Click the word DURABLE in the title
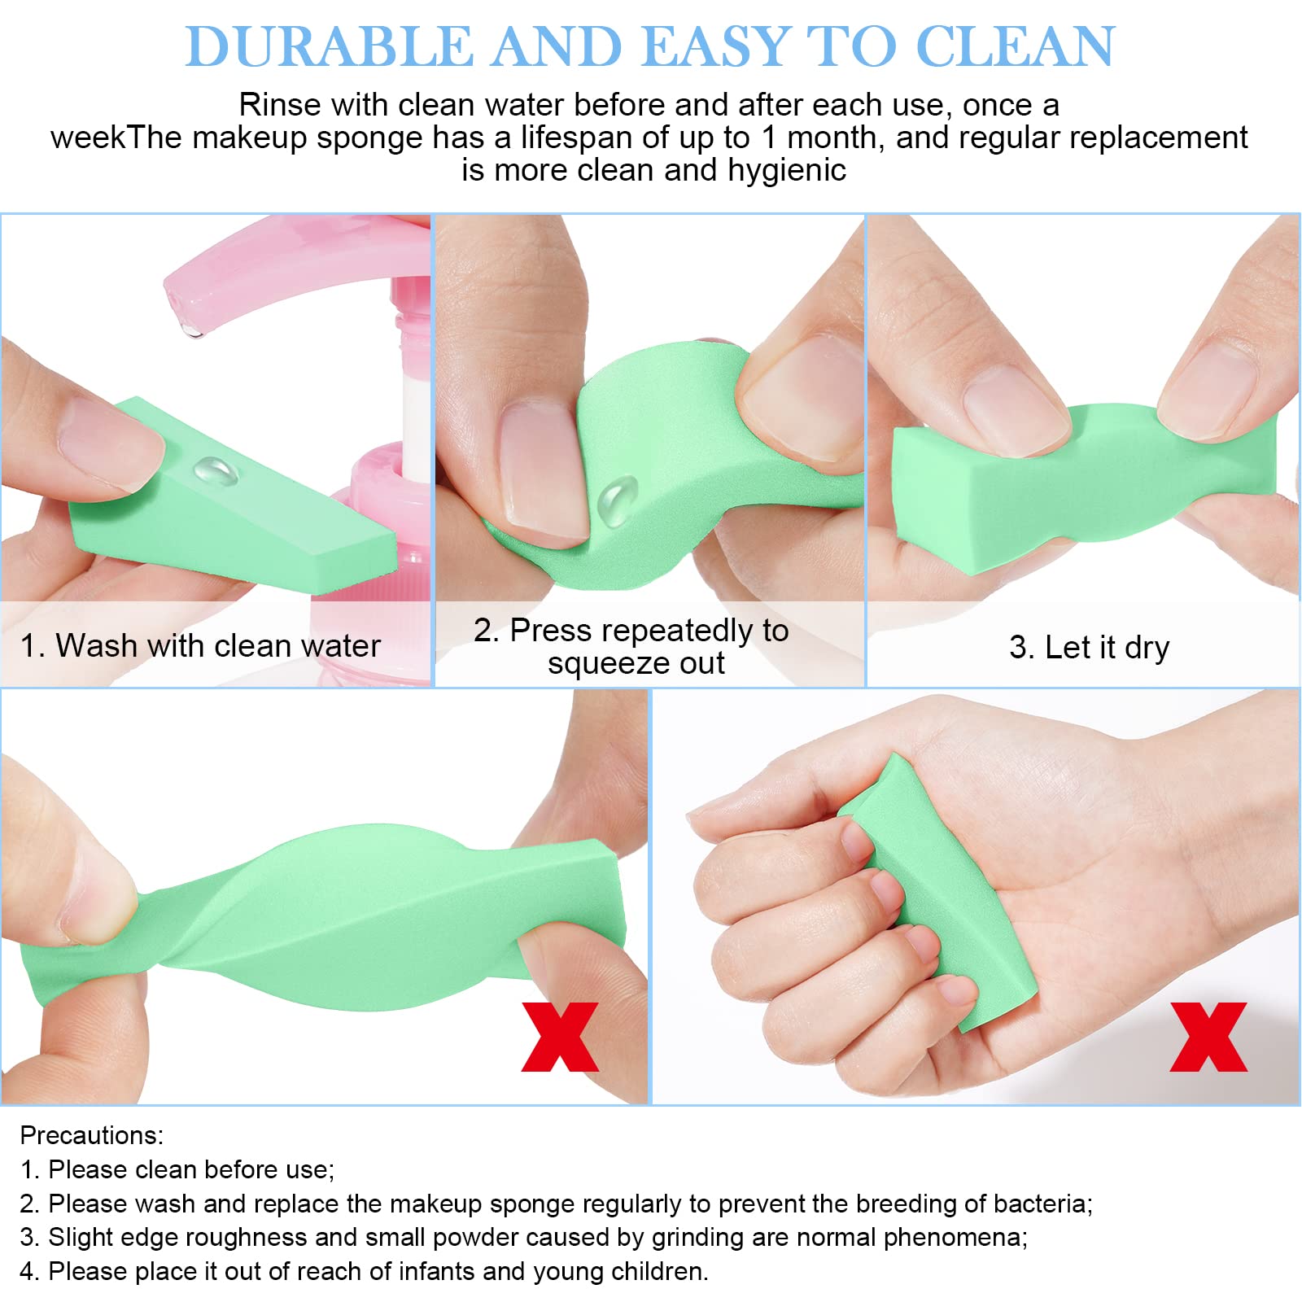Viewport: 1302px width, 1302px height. click(330, 46)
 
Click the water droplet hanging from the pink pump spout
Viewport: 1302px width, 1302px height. click(193, 330)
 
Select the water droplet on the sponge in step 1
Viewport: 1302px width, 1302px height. click(215, 471)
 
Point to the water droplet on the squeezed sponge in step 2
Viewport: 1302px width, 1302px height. click(618, 499)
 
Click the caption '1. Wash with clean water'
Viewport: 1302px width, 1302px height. click(200, 646)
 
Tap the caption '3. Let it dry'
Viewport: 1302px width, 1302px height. click(1090, 648)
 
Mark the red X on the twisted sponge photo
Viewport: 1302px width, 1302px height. click(560, 1037)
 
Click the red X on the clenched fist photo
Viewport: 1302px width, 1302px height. click(1208, 1037)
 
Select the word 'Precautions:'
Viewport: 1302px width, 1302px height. click(92, 1135)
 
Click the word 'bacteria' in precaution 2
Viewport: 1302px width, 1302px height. click(1041, 1204)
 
